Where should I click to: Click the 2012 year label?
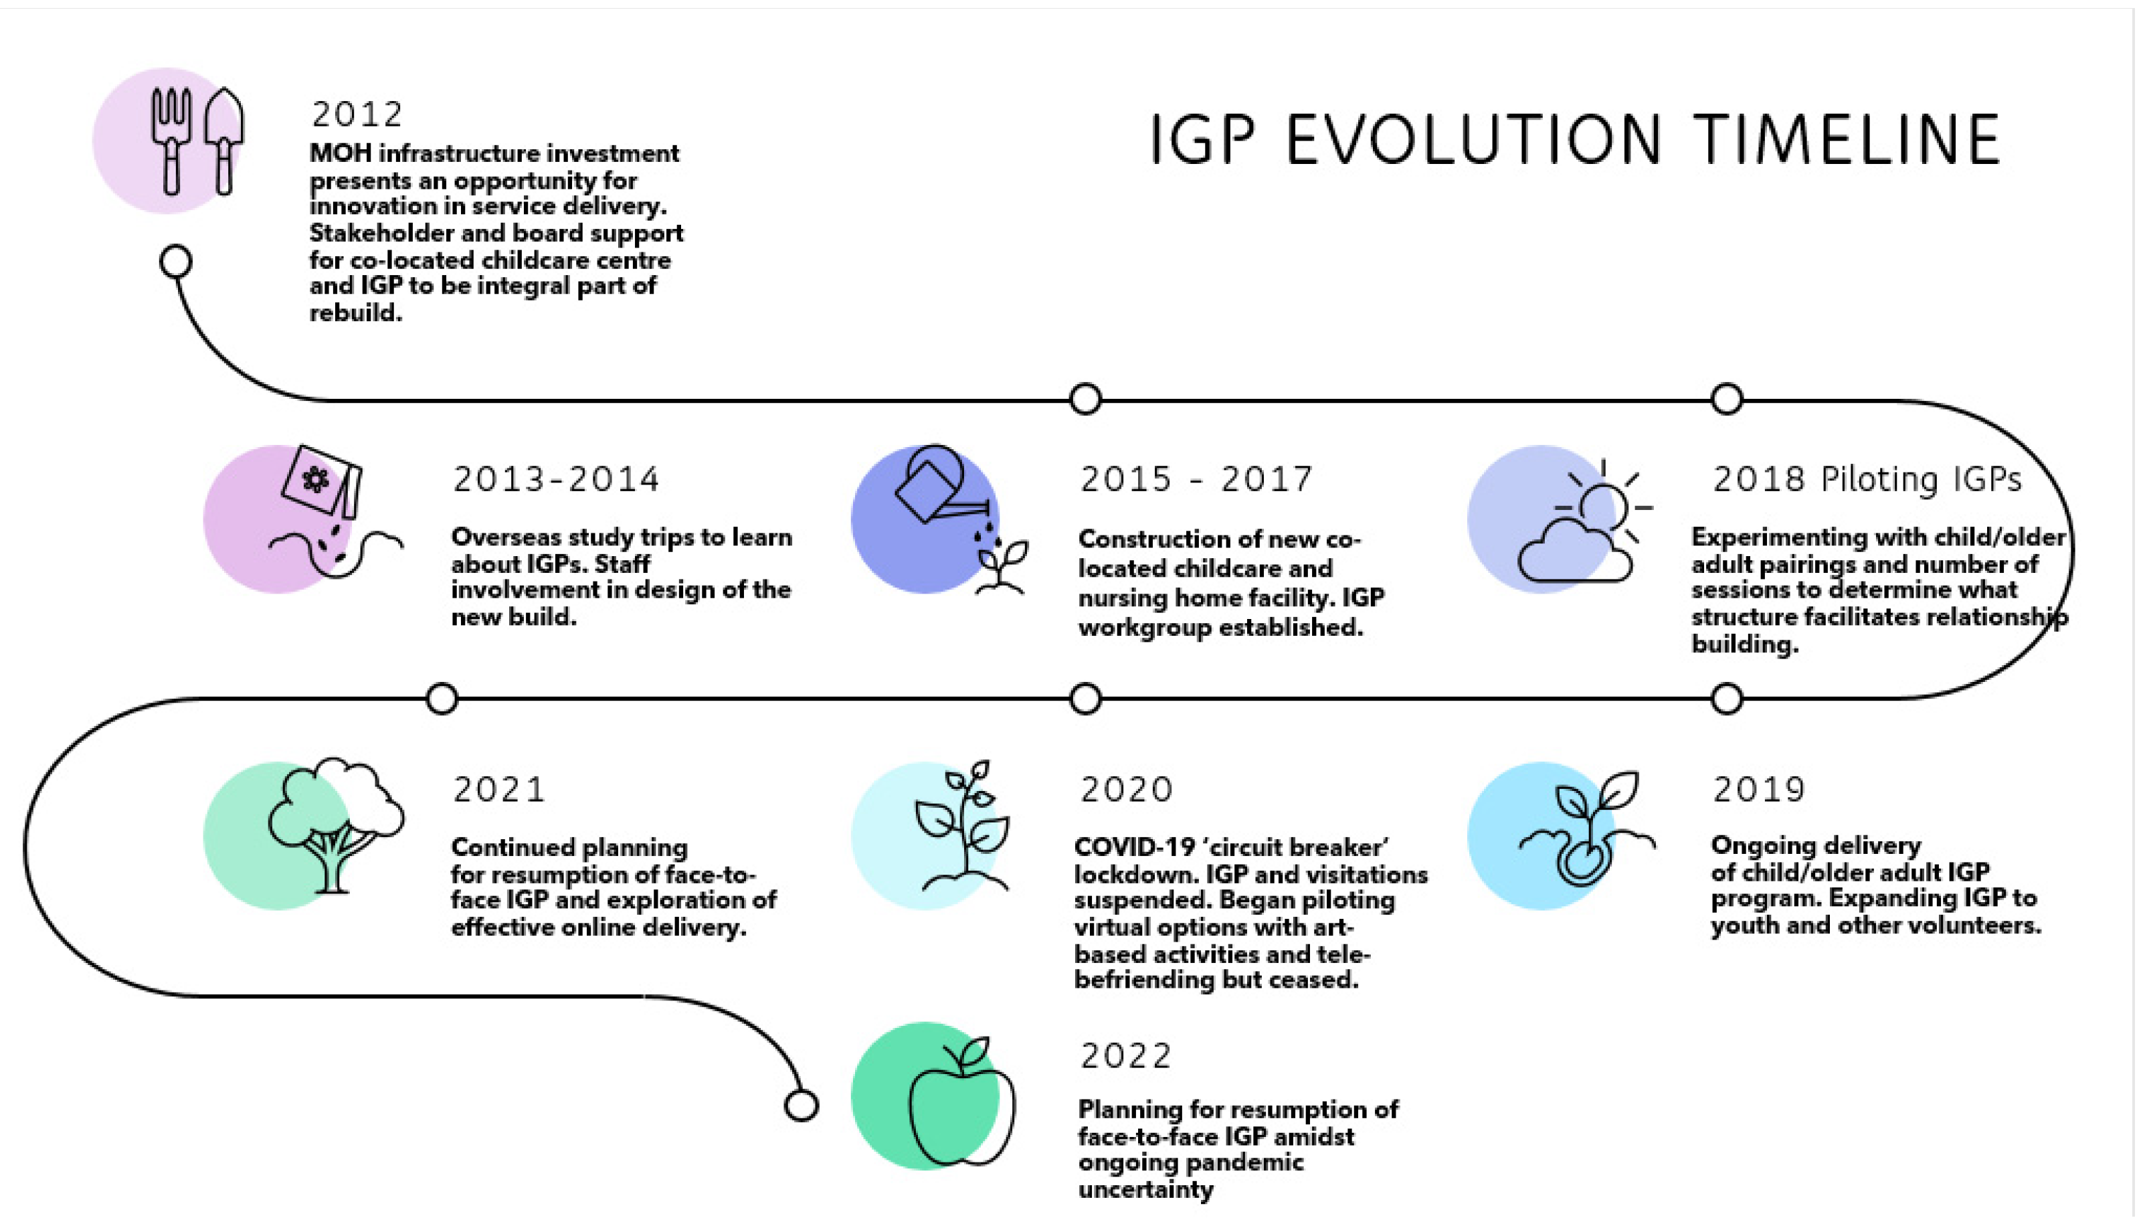pos(357,114)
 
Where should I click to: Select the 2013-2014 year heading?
pos(556,479)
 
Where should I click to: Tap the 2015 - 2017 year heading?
pos(1196,479)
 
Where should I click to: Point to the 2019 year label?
pos(1759,790)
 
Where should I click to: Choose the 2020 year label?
pos(1126,790)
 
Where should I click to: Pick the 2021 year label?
pos(499,790)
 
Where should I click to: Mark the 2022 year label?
pos(1126,1056)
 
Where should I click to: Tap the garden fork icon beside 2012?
pos(171,141)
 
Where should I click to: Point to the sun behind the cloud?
pos(1606,505)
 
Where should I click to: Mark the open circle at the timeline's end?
pos(801,1105)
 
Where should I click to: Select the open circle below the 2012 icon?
pos(175,262)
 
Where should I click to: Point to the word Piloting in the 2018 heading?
pos(1873,480)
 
